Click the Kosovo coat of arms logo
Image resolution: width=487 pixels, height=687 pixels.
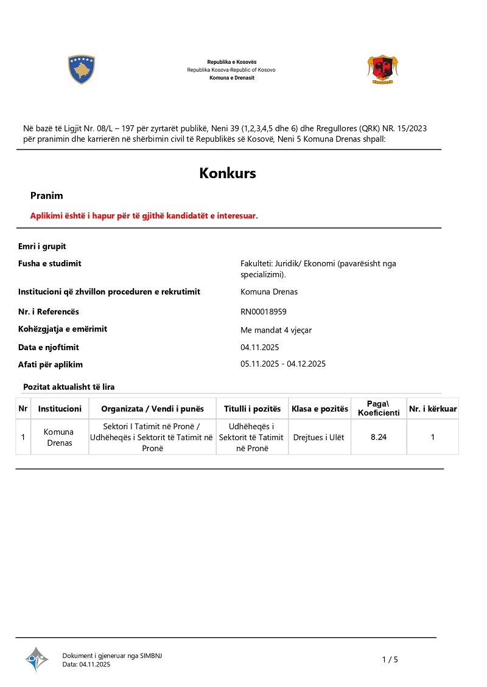click(82, 69)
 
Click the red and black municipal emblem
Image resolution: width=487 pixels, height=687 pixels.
click(383, 69)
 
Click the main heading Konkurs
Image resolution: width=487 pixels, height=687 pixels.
click(228, 173)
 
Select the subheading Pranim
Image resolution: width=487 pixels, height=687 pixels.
click(47, 196)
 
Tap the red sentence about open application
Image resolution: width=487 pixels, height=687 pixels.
click(144, 216)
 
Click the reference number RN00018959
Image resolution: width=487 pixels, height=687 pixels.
click(264, 312)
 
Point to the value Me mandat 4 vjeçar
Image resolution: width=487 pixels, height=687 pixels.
click(276, 330)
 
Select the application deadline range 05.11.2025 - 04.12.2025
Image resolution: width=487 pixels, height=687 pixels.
click(284, 364)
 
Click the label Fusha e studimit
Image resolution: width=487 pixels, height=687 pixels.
click(49, 263)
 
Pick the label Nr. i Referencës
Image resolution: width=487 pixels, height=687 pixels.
click(49, 312)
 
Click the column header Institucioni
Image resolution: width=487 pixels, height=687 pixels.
click(60, 409)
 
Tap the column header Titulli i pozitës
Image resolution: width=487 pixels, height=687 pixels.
click(252, 409)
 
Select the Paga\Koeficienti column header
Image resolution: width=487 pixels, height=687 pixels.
click(379, 409)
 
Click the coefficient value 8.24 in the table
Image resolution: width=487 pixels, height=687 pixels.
click(379, 437)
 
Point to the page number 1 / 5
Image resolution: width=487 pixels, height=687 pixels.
click(390, 660)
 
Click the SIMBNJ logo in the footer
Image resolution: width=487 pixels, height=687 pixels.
click(37, 659)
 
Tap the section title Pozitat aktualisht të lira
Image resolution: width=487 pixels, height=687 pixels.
click(69, 387)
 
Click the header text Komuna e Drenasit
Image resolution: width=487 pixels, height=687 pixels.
click(231, 78)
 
